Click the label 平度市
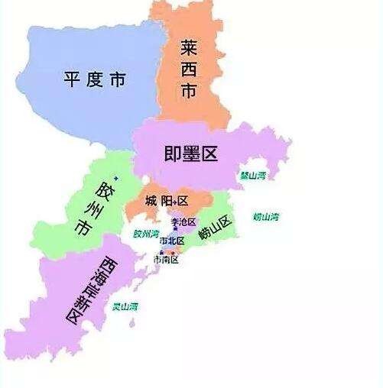click(96, 79)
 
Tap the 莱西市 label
click(189, 71)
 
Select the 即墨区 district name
click(191, 154)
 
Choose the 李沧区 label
click(183, 221)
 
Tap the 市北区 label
click(172, 241)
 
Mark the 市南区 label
click(166, 260)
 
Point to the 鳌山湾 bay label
click(252, 175)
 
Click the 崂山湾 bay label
click(266, 217)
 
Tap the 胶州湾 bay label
click(145, 234)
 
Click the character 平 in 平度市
click(72, 79)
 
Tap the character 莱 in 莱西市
click(189, 47)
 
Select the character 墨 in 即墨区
click(191, 154)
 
